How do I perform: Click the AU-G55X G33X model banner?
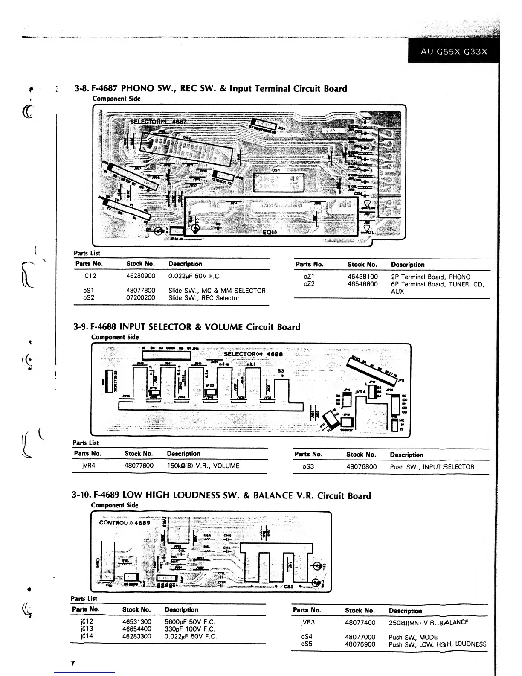point(453,52)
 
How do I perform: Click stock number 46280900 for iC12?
point(141,276)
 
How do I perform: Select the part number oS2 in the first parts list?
point(89,298)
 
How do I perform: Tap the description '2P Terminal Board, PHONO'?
point(430,277)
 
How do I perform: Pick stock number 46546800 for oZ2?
point(362,284)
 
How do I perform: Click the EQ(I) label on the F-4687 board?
point(270,232)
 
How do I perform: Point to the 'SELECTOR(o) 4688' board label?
point(253,354)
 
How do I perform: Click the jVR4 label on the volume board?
point(360,391)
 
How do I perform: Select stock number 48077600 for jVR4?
point(139,466)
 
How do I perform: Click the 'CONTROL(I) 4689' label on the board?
point(125,523)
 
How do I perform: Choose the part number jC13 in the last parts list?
point(87,629)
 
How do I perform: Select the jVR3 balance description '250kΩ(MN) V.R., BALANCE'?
point(428,622)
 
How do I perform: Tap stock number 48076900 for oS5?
point(360,644)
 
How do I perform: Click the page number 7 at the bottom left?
point(72,663)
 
